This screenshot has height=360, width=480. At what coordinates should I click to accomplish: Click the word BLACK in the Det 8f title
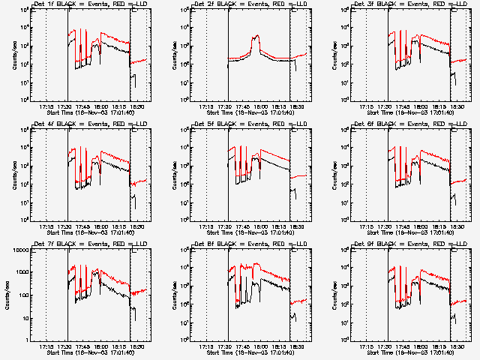(x=224, y=244)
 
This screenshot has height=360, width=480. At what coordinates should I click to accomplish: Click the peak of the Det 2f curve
(x=257, y=35)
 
